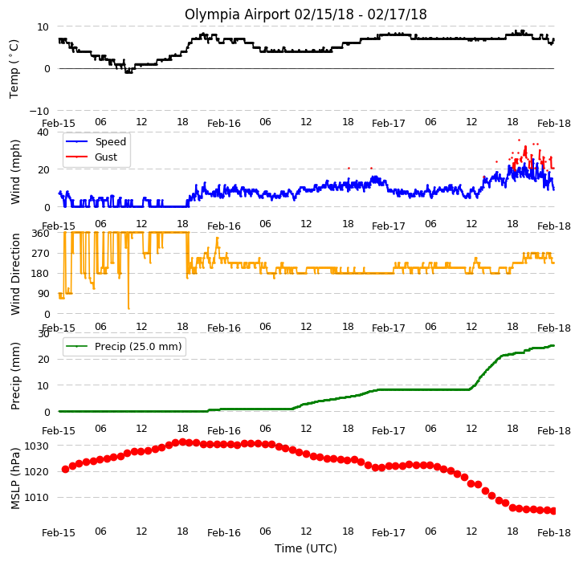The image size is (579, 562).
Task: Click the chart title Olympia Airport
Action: tap(237, 14)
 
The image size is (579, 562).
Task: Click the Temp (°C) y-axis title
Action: tap(14, 69)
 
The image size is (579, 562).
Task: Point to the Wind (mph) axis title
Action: tap(14, 172)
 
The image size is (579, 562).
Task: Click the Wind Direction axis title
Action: tap(15, 274)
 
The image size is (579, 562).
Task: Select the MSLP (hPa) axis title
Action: tap(15, 479)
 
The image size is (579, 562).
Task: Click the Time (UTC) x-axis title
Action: tap(306, 548)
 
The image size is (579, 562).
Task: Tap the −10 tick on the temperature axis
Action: tap(39, 111)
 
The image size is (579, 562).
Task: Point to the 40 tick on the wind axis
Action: tap(43, 132)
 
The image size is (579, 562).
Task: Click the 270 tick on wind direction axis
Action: tap(41, 254)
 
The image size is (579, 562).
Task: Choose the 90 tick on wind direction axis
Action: tap(43, 294)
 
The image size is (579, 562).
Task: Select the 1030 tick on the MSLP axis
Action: tap(36, 446)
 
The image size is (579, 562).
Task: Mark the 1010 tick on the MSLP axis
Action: tap(36, 498)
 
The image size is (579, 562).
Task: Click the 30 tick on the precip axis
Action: tap(43, 334)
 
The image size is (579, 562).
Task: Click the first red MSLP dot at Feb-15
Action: tap(65, 470)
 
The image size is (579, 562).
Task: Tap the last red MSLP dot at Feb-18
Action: tap(553, 511)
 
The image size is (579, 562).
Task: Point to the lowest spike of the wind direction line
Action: tap(128, 308)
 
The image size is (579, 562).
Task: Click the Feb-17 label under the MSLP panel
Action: tap(389, 533)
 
